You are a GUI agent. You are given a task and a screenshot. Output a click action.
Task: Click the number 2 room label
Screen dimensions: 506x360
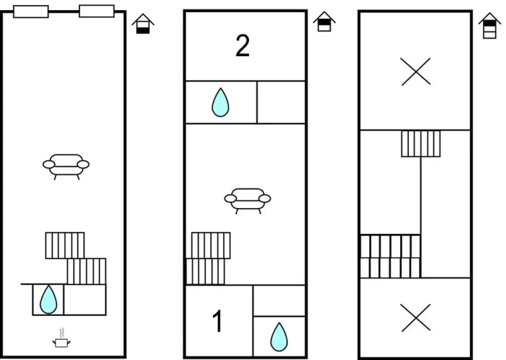243,46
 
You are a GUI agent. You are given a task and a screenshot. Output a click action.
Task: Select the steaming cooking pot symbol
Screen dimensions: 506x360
61,338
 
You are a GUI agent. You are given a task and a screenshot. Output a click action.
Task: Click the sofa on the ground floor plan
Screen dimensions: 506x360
65,166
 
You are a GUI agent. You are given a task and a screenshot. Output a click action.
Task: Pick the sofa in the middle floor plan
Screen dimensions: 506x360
248,201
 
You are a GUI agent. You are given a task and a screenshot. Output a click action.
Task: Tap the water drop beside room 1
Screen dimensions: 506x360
279,337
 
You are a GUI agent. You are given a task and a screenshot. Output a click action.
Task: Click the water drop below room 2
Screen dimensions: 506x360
220,102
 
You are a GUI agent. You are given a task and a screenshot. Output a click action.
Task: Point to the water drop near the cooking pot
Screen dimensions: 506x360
48,300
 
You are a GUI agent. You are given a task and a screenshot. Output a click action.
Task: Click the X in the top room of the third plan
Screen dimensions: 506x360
415,71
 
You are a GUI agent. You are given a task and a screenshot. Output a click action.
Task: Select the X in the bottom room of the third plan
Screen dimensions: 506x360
415,318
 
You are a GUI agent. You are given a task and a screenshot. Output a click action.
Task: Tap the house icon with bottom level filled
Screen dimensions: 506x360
143,24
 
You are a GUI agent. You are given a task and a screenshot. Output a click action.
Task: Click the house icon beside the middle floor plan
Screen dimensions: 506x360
325,22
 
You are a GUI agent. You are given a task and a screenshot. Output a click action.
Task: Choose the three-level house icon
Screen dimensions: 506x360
489,25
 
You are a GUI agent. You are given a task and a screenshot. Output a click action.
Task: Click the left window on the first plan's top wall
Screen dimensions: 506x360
31,12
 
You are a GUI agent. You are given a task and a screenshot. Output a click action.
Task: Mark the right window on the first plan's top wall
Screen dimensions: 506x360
97,11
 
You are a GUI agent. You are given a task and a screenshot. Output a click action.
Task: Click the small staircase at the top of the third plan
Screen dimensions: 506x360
421,144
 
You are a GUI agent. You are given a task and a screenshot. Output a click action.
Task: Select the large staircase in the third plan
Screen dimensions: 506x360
390,256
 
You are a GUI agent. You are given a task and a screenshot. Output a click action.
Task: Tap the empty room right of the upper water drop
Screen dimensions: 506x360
281,102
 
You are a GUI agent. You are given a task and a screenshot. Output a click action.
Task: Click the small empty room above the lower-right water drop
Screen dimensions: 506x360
279,301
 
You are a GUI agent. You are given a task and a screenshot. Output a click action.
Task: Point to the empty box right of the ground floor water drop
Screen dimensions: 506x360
85,300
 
